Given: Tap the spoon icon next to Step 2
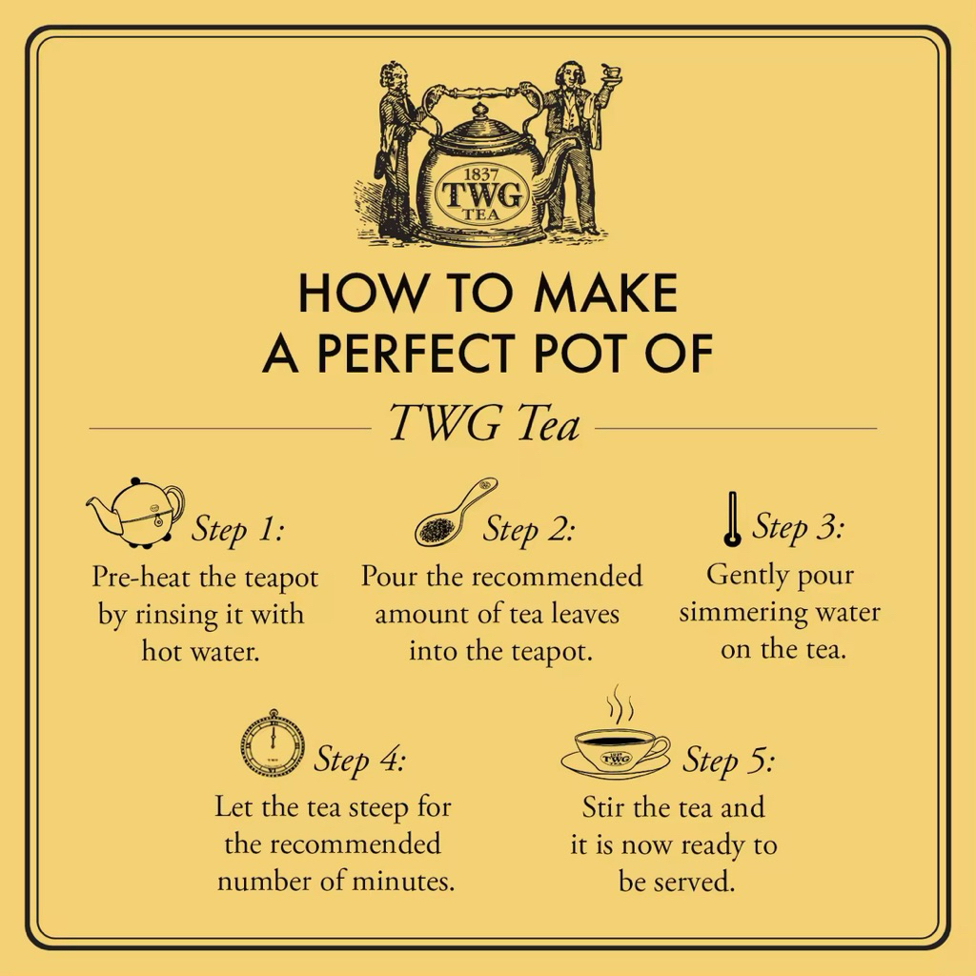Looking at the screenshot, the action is coord(456,512).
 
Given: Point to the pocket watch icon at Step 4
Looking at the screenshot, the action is coord(273,742).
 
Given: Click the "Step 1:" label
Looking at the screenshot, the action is coord(237,530).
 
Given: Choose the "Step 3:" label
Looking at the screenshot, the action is coord(798,527).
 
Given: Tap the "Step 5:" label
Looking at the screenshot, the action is coord(729,760).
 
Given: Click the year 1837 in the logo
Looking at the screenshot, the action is coord(481,173).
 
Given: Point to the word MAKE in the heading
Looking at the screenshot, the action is coord(605,293).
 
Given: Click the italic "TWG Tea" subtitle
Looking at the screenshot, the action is coord(484,422).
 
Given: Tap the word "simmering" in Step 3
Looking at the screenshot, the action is coord(740,613).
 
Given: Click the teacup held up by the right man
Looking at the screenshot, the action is coord(611,72).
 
